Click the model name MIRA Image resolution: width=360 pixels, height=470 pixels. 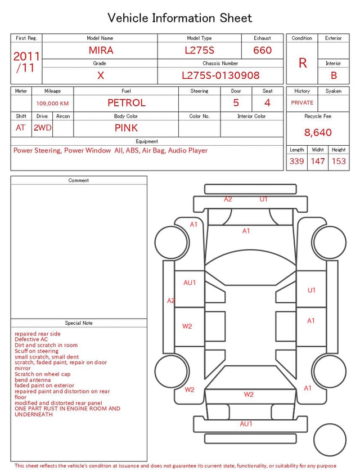pyautogui.click(x=101, y=50)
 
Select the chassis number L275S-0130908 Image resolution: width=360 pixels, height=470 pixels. pyautogui.click(x=220, y=75)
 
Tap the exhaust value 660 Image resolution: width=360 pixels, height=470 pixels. pyautogui.click(x=262, y=50)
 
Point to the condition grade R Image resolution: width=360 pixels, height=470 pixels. pyautogui.click(x=303, y=63)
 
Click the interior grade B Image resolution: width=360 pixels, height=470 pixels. pyautogui.click(x=334, y=75)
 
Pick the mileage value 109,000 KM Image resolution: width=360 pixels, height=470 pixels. pyautogui.click(x=52, y=104)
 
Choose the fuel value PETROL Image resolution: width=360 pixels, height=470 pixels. pyautogui.click(x=127, y=103)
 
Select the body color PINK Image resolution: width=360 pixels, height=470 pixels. pyautogui.click(x=126, y=128)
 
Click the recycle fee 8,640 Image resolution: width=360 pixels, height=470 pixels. pyautogui.click(x=318, y=132)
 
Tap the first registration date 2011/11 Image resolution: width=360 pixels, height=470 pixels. pyautogui.click(x=26, y=62)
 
